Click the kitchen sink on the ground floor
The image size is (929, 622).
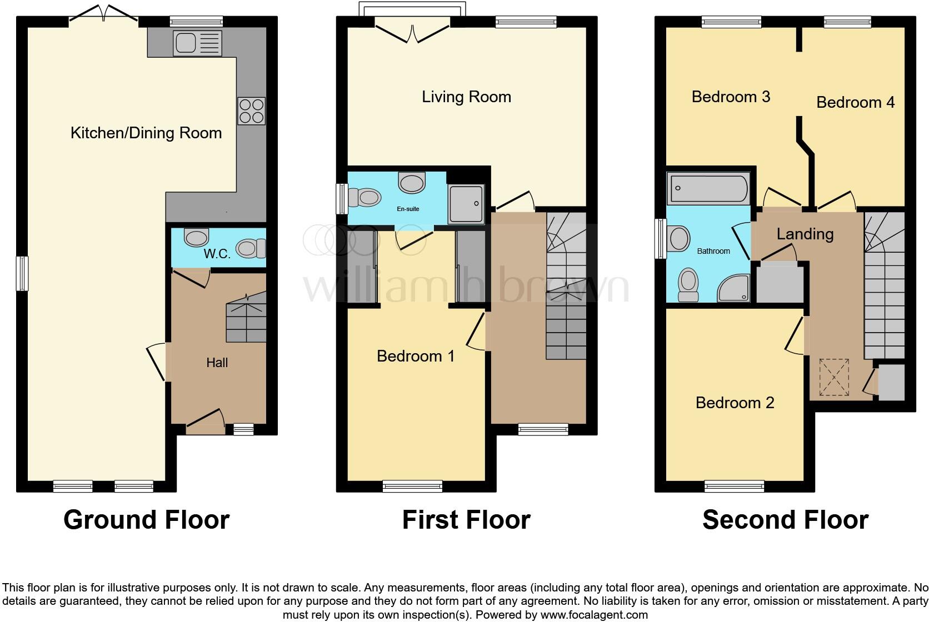pyautogui.click(x=197, y=43)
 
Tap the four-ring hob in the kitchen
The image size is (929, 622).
pyautogui.click(x=251, y=111)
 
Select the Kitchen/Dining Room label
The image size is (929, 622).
pyautogui.click(x=146, y=133)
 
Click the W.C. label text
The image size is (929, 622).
pyautogui.click(x=217, y=254)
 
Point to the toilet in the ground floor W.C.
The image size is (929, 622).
pyautogui.click(x=252, y=248)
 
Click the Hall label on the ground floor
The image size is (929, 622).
pyautogui.click(x=217, y=363)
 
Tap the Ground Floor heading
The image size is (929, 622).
pyautogui.click(x=146, y=520)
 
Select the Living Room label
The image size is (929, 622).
pyautogui.click(x=466, y=97)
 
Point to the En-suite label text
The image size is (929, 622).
pyautogui.click(x=408, y=209)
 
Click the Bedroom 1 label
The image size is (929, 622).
pyautogui.click(x=416, y=355)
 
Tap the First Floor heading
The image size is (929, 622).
pyautogui.click(x=466, y=520)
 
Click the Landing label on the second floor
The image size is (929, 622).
pyautogui.click(x=805, y=234)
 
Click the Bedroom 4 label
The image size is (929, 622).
pyautogui.click(x=855, y=102)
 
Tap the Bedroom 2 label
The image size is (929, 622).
pyautogui.click(x=735, y=402)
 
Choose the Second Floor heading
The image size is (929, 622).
pyautogui.click(x=785, y=520)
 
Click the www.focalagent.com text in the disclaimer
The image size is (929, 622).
pyautogui.click(x=594, y=615)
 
